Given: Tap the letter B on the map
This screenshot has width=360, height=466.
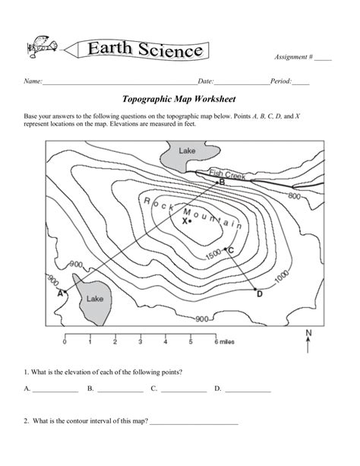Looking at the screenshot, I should click(x=223, y=182).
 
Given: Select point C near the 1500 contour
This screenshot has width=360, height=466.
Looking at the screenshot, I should click(x=231, y=249).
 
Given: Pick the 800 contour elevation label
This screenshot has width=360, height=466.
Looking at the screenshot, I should click(x=295, y=195).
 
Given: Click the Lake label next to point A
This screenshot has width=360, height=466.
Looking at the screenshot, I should click(x=94, y=299).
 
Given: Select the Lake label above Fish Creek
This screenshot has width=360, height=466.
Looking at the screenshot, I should click(x=187, y=151).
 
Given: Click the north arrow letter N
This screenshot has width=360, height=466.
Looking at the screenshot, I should click(x=308, y=333).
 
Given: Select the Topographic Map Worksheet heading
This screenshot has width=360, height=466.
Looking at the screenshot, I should click(x=179, y=99).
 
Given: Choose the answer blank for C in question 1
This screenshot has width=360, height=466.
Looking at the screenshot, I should click(x=183, y=391).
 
